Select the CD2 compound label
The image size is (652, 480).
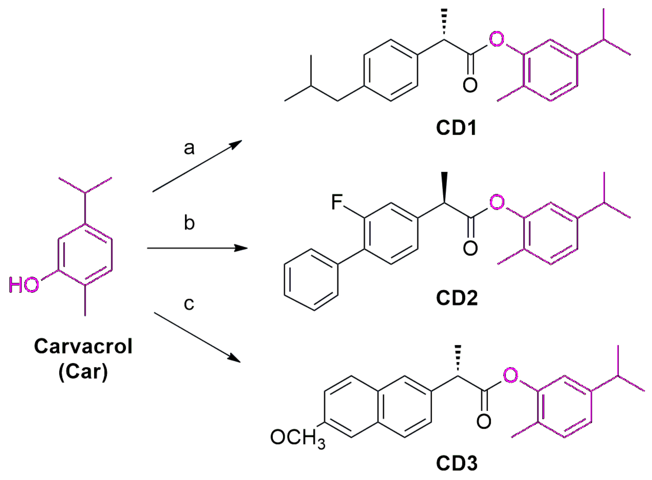click(x=457, y=298)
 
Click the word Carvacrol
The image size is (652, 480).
click(x=83, y=346)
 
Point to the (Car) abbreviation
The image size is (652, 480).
click(x=83, y=372)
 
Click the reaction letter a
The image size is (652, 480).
click(x=189, y=148)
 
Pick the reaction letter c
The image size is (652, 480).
click(x=189, y=304)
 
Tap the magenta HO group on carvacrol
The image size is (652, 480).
click(x=24, y=284)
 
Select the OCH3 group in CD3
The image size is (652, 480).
click(x=298, y=438)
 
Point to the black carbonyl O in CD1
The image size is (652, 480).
click(x=470, y=85)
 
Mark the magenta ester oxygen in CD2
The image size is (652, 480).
click(x=497, y=202)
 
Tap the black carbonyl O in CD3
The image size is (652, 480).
click(x=484, y=422)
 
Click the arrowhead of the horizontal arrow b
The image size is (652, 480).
click(x=242, y=248)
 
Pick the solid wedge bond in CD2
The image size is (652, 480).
click(x=444, y=187)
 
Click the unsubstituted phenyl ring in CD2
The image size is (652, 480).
click(x=311, y=280)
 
